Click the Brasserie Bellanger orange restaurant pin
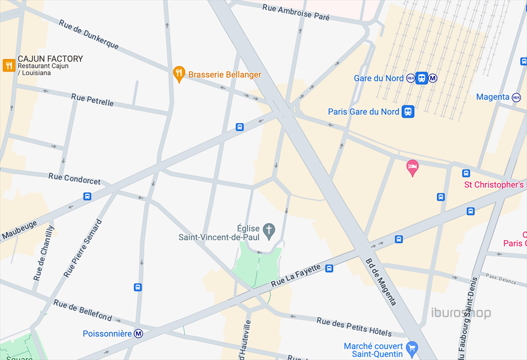coord(179,74)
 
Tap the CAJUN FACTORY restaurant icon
coord(9,65)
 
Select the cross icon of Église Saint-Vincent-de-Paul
coord(268,231)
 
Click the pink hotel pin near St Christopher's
coord(412,167)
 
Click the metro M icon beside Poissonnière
coord(138,334)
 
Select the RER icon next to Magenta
coord(516,97)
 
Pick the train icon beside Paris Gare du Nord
coord(408,112)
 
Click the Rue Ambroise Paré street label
coord(295,12)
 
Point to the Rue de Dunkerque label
coord(89,34)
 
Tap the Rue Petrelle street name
coord(93,99)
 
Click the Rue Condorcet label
coord(75,178)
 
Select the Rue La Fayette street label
coord(296,275)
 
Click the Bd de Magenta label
coord(381,281)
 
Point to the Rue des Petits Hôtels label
coord(354,327)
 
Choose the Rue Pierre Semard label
coord(83,248)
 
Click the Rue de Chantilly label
coord(43,253)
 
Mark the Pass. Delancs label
coord(501,278)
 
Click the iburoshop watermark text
coord(461,313)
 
